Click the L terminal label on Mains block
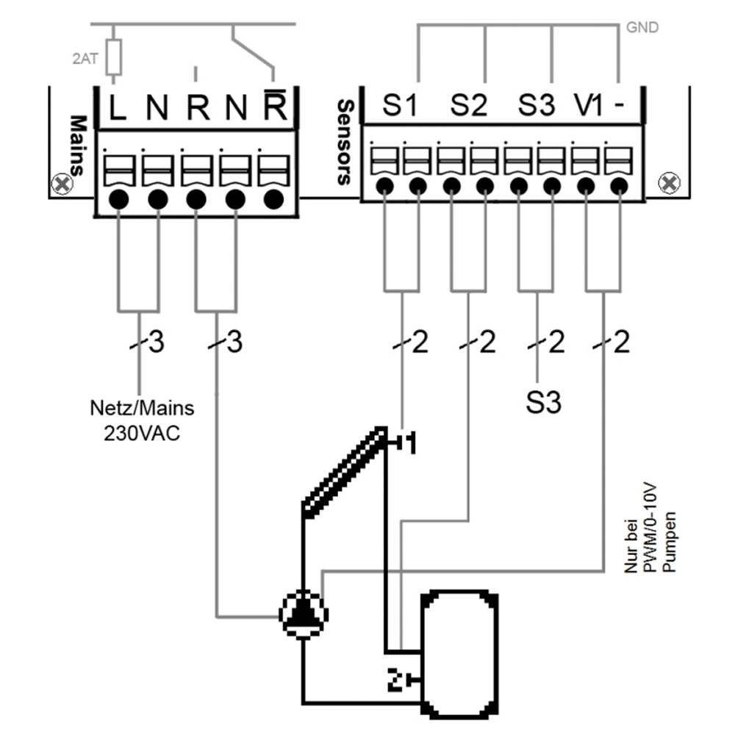118,109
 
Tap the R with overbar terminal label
274,107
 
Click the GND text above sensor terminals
642,28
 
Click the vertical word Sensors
344,143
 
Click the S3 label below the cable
543,403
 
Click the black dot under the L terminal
119,198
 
